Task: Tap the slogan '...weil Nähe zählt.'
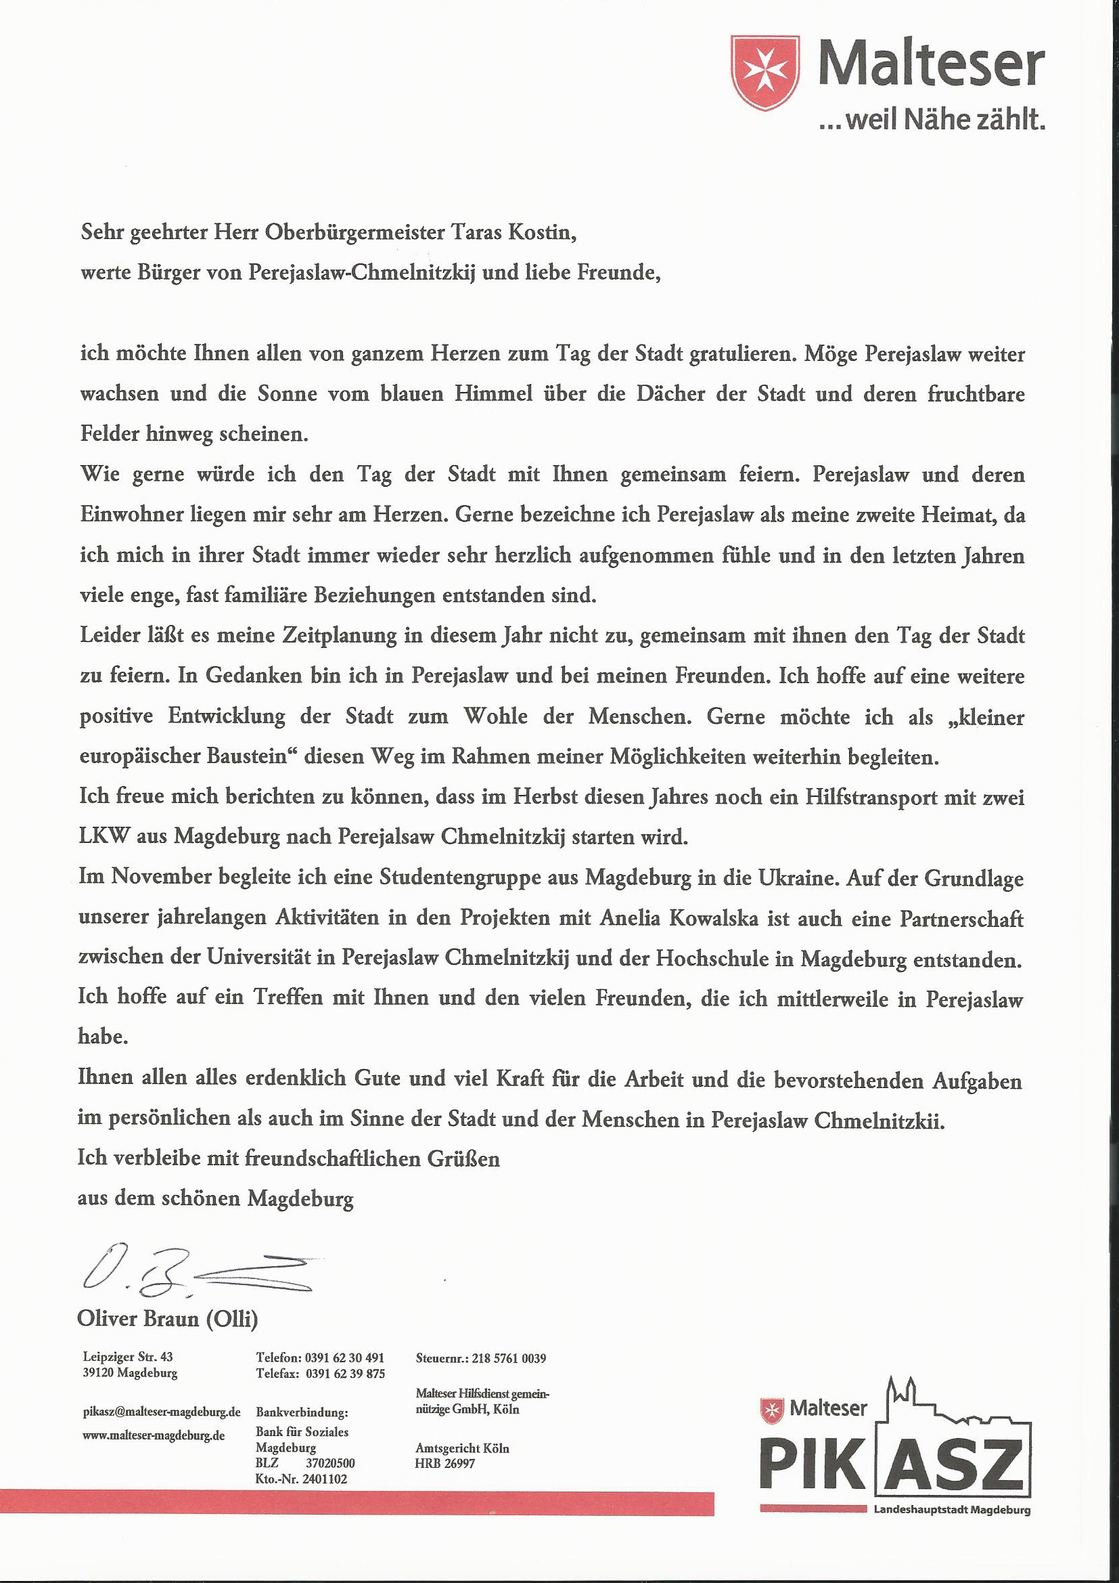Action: (932, 121)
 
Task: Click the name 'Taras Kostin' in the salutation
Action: (513, 232)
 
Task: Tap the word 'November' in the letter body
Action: (158, 877)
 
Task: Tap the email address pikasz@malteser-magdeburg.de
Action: (161, 1412)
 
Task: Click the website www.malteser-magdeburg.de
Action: (154, 1435)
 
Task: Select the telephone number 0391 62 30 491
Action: (344, 1358)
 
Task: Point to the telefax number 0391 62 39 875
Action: (344, 1373)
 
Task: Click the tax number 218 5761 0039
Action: (509, 1358)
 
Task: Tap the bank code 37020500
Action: (330, 1463)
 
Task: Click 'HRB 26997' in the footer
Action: (444, 1463)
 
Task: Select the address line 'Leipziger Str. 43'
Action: (127, 1357)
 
